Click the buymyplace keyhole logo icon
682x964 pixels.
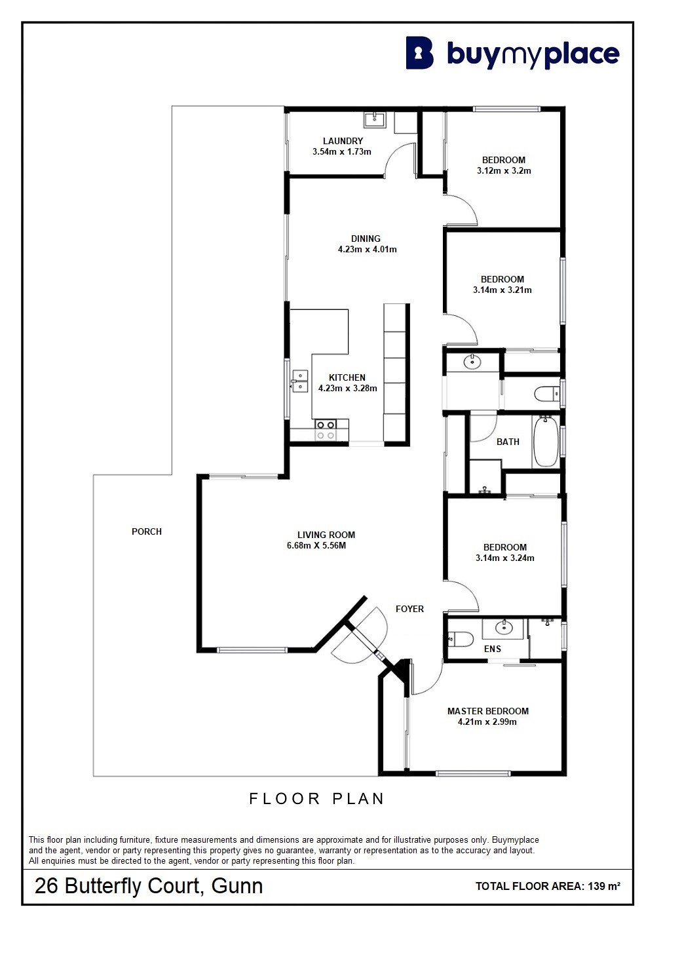click(419, 53)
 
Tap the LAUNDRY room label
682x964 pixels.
click(343, 141)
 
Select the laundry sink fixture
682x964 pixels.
click(375, 119)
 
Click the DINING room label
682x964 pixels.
click(366, 239)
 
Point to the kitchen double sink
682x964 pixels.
click(299, 381)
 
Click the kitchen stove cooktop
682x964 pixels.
click(326, 430)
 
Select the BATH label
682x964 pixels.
click(508, 442)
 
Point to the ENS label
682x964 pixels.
click(493, 649)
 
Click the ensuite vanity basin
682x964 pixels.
click(503, 628)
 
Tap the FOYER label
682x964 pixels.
click(409, 609)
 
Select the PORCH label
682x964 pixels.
click(147, 531)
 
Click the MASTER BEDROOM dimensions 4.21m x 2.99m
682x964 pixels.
click(487, 722)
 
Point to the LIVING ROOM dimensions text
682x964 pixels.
click(316, 546)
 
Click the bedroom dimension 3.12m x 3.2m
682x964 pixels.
click(504, 171)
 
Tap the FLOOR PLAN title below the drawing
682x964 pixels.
click(316, 799)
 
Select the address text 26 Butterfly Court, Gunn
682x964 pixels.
click(149, 886)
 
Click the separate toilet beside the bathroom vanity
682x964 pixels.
click(546, 393)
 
